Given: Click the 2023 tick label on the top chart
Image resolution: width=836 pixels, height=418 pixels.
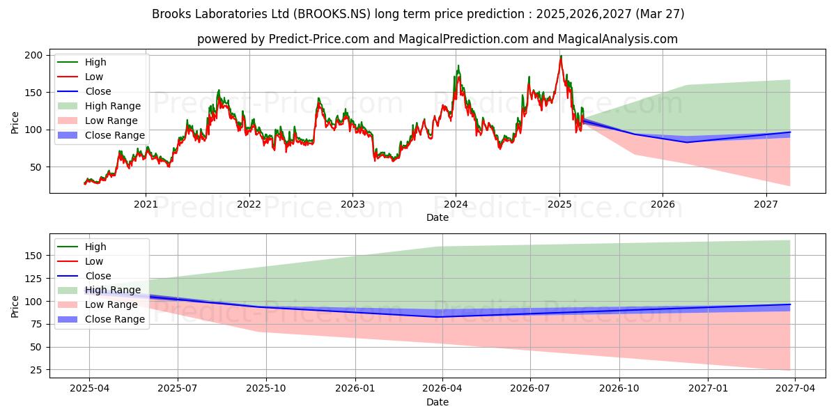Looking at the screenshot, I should [x=353, y=204].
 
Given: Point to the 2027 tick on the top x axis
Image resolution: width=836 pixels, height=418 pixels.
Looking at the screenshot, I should [x=766, y=204].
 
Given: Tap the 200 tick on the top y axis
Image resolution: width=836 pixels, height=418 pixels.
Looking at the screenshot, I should [x=35, y=55].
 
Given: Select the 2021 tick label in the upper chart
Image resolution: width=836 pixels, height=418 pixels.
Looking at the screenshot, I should [x=146, y=204].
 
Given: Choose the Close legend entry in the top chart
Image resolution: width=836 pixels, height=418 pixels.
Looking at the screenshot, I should [x=98, y=91].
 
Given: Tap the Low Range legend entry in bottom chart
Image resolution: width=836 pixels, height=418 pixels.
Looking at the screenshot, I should [x=111, y=304].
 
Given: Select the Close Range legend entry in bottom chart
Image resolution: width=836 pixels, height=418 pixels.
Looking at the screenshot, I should [x=115, y=319].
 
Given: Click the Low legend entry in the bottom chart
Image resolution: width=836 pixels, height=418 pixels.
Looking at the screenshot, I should [x=94, y=261].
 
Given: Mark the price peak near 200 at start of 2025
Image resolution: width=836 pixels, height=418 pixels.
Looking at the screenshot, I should [x=560, y=57].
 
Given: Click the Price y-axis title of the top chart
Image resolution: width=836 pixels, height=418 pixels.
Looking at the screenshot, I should [x=15, y=123].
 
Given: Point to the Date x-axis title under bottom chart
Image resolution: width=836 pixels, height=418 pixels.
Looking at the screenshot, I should [x=438, y=402].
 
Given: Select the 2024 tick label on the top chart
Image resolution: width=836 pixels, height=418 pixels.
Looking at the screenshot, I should [x=456, y=204].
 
